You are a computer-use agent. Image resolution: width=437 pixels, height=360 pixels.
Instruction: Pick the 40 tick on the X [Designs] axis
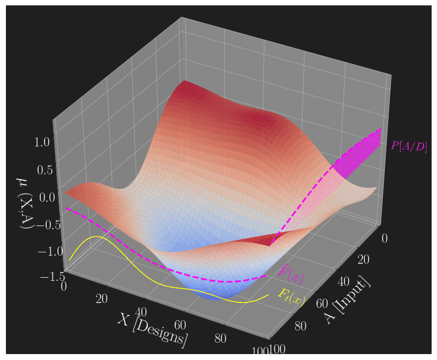coord(141,312)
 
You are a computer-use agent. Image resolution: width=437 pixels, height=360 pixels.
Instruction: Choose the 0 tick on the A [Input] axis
coord(384,237)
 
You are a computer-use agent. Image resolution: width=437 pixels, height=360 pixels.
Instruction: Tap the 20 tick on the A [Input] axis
coord(363,260)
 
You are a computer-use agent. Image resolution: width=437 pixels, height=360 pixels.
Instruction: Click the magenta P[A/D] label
coord(409,146)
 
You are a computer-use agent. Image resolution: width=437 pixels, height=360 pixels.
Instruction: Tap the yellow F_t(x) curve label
coord(290,297)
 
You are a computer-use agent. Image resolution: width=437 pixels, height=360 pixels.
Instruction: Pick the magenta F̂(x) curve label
coord(291,274)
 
